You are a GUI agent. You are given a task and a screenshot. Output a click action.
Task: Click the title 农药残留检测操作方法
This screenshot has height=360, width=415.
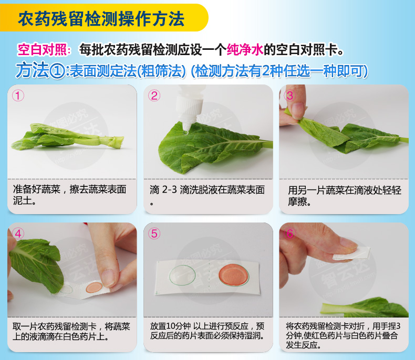coord(101,19)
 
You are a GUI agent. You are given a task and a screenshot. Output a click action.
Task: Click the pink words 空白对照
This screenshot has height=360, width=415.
coord(44,50)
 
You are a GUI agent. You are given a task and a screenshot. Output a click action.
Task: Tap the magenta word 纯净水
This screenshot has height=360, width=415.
coord(244,50)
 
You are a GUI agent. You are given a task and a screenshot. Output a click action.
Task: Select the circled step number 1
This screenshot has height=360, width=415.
coord(18,96)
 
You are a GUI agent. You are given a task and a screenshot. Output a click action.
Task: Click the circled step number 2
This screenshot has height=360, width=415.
coord(154,96)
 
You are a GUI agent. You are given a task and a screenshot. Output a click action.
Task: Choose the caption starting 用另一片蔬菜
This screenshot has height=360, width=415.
coord(344,195)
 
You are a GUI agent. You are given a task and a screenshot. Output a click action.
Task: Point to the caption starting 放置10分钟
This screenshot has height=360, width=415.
coord(207,330)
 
